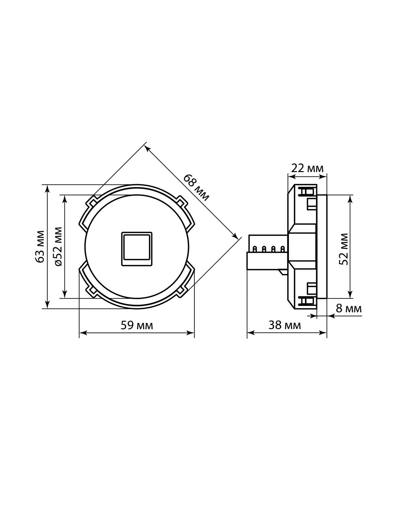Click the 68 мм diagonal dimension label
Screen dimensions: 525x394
pos(196,187)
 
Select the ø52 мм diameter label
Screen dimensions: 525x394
pos(58,246)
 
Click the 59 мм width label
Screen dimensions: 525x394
pos(137,325)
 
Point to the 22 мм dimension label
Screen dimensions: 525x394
pos(307,168)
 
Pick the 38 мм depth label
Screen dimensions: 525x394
pos(284,325)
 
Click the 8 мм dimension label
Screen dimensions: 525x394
pos(349,309)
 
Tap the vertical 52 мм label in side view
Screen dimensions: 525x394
pos(344,249)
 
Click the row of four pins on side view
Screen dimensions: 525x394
pos(268,249)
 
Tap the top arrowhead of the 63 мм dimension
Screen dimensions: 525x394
pos(48,188)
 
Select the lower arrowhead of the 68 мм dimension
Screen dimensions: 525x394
pos(235,236)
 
